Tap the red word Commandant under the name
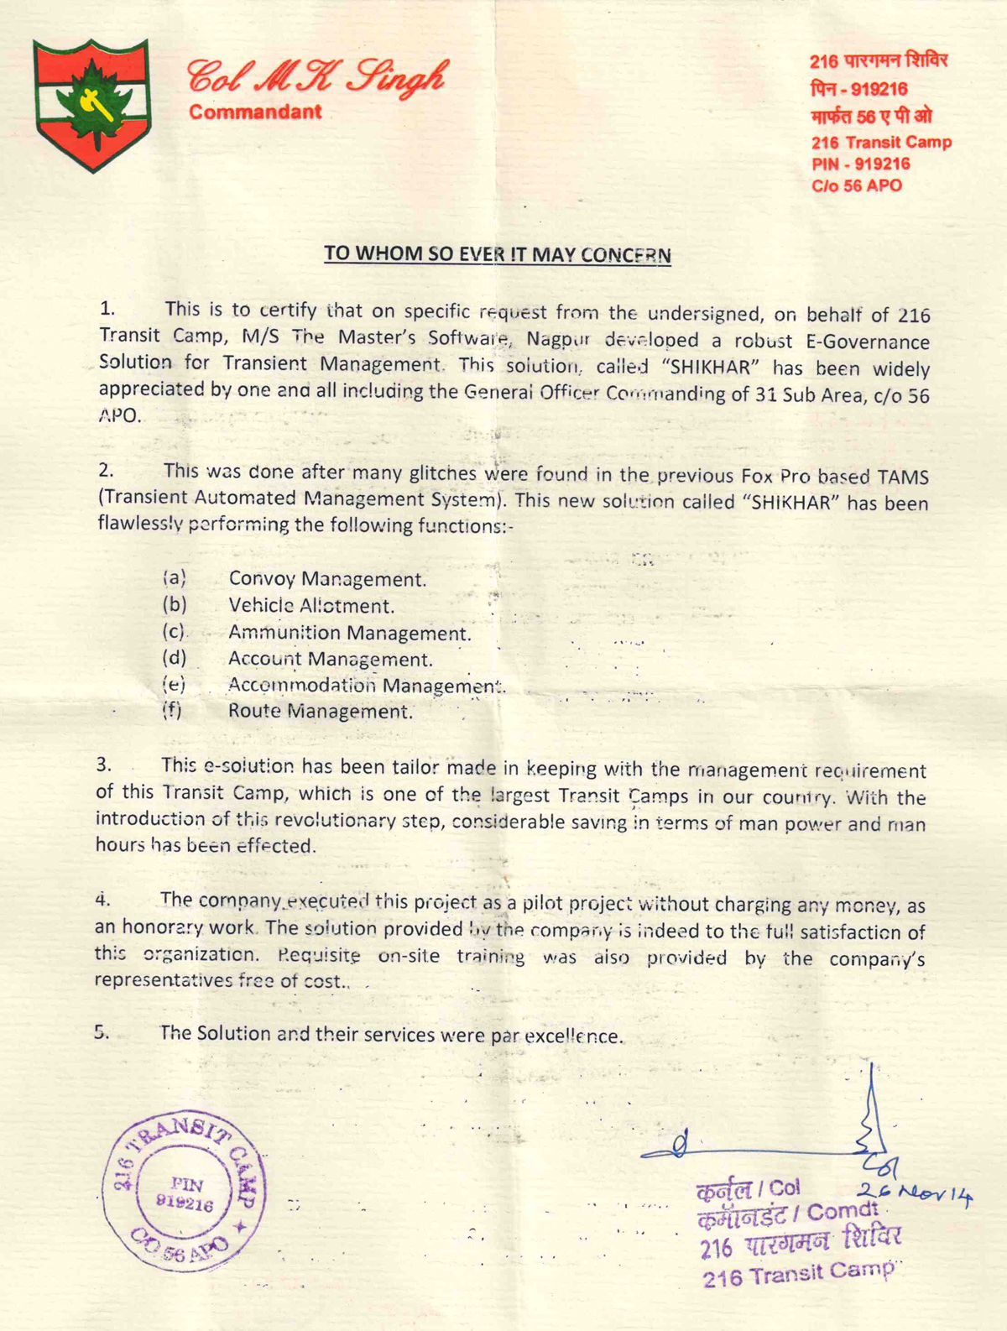click(x=255, y=112)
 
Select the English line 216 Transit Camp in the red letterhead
click(x=881, y=142)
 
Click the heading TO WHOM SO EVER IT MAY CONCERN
click(x=498, y=254)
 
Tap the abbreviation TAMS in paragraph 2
click(x=902, y=477)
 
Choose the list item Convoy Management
click(x=327, y=579)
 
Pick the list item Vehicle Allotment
click(x=311, y=606)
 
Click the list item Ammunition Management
click(x=350, y=633)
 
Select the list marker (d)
click(x=174, y=658)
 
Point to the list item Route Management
click(x=321, y=712)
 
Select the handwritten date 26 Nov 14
click(x=914, y=1193)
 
